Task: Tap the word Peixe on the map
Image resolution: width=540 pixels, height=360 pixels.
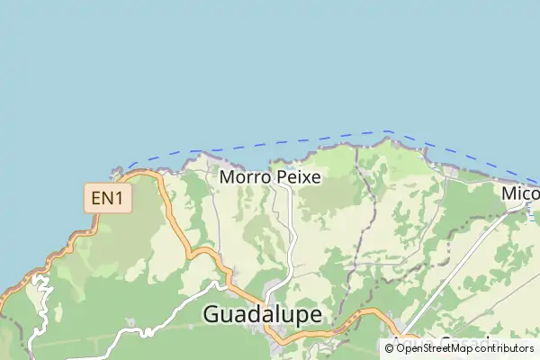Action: click(297, 177)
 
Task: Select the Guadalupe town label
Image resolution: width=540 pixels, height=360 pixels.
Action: click(264, 314)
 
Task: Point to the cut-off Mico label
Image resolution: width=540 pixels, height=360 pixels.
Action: click(520, 193)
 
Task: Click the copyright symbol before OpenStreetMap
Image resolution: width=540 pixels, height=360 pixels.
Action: click(390, 347)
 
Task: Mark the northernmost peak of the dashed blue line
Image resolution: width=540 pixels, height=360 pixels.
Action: click(387, 131)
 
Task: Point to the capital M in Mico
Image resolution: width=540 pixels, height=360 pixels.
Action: click(509, 193)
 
